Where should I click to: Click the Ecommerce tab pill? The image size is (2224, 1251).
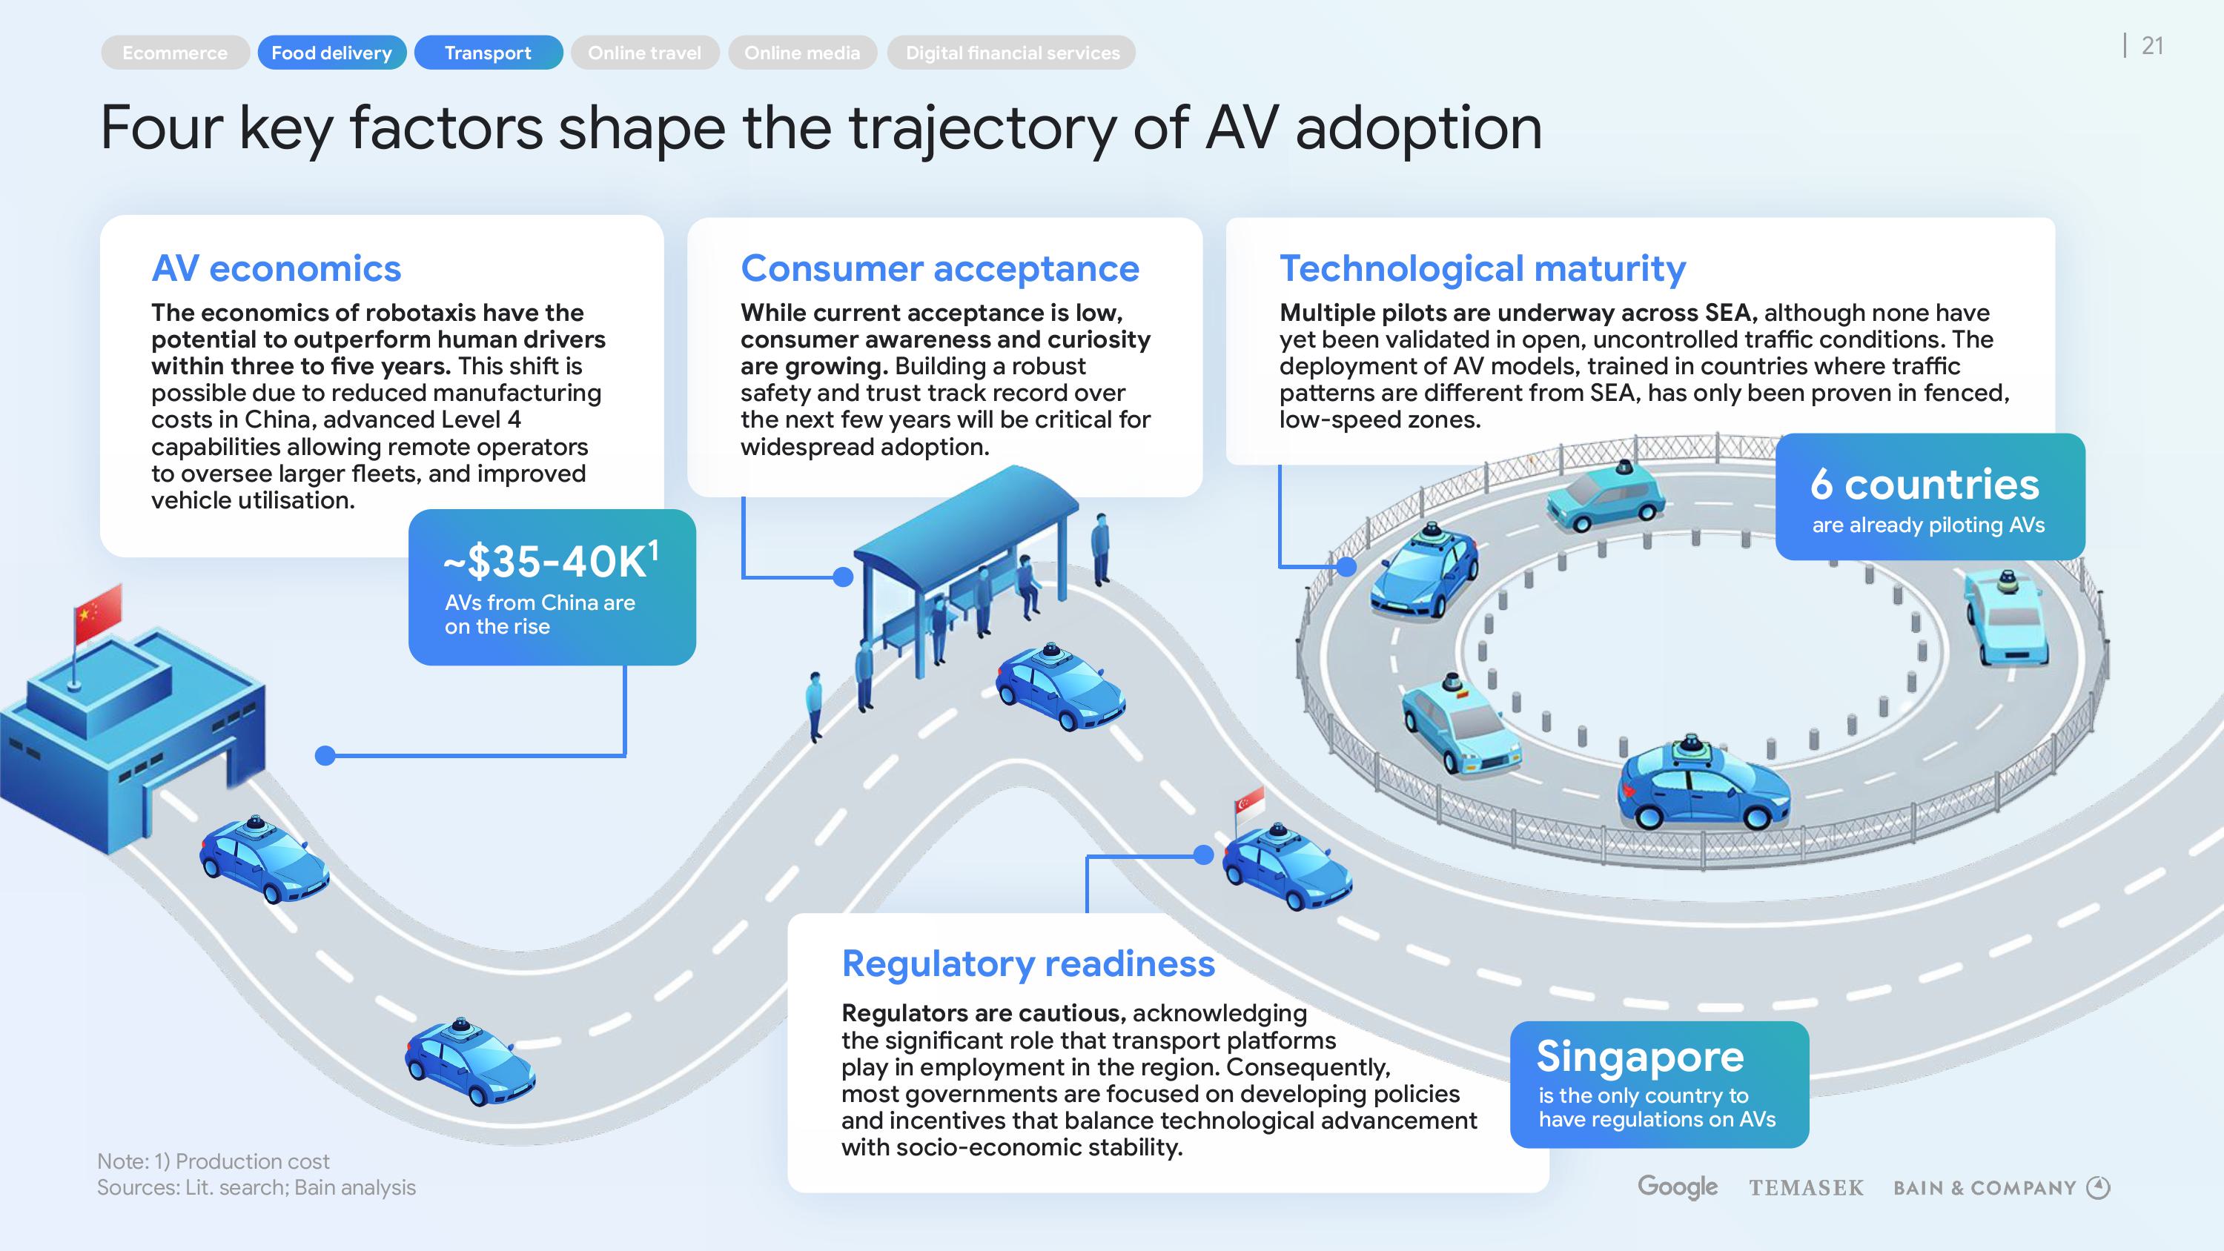[x=175, y=53]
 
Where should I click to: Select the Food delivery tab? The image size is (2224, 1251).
[x=331, y=53]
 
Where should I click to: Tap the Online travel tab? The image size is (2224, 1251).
[x=644, y=53]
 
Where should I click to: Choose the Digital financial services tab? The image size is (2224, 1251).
[x=1012, y=53]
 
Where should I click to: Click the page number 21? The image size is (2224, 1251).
[x=2152, y=46]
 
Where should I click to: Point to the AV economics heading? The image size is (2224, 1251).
[x=277, y=268]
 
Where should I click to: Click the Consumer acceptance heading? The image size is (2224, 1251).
[x=939, y=268]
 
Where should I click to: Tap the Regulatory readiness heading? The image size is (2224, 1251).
[x=1027, y=963]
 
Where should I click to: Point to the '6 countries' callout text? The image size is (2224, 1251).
[x=1925, y=485]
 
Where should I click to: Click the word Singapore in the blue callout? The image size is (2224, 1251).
[x=1641, y=1056]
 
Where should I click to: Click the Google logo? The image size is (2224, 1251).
[x=1678, y=1187]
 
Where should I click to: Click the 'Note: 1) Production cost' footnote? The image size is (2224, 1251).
[x=214, y=1161]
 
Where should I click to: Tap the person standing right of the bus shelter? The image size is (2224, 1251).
[x=1100, y=548]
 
